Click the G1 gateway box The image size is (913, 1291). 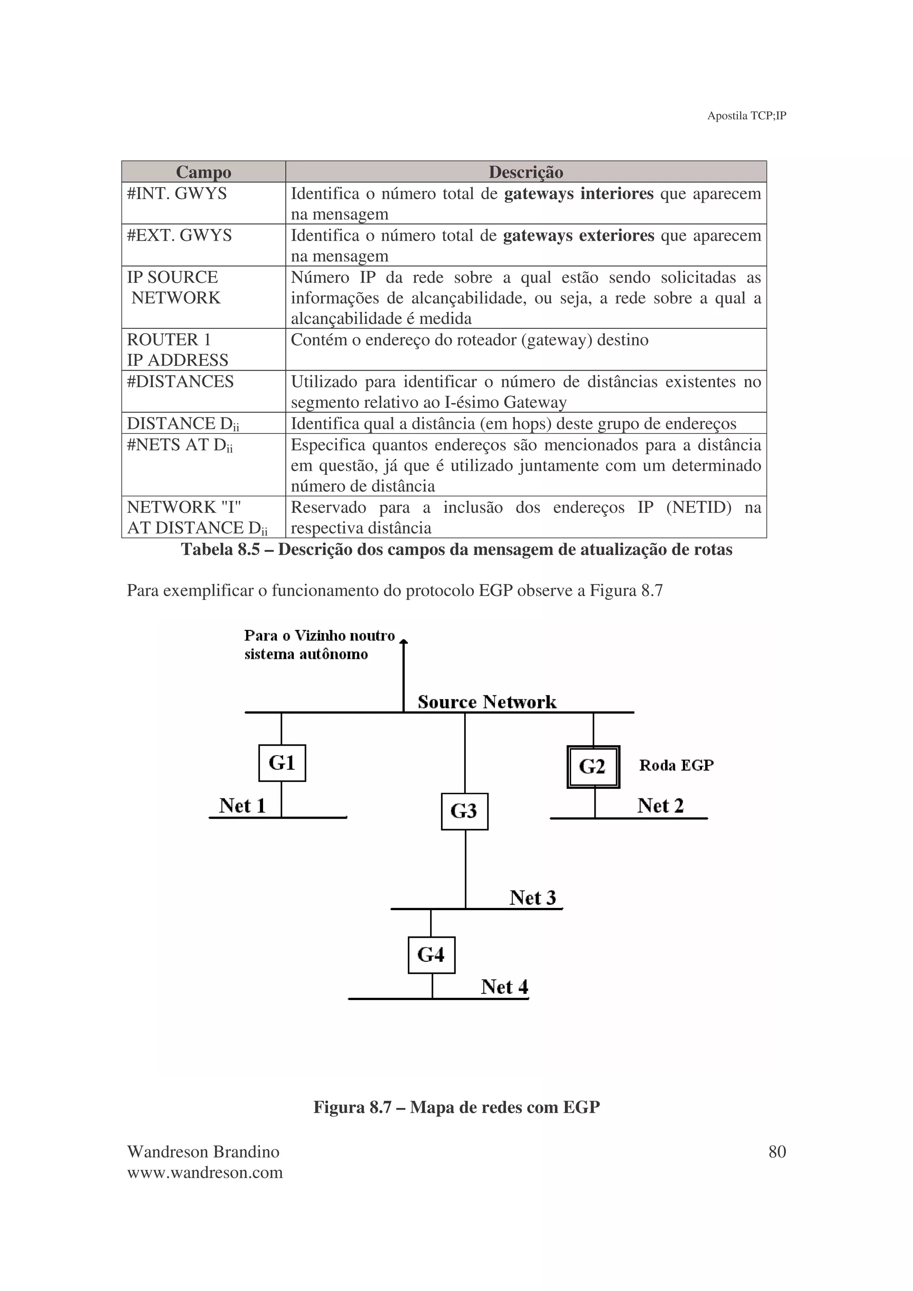coord(282,763)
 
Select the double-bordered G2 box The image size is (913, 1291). coord(593,766)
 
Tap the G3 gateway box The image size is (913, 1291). coord(464,811)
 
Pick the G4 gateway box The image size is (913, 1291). coord(432,955)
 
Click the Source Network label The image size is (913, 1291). coord(487,702)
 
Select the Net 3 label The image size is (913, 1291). coord(532,897)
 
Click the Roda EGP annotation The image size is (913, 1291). coord(676,765)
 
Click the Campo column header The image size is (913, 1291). coord(204,172)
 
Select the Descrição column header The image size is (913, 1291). coord(526,172)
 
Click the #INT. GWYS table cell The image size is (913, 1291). coord(177,193)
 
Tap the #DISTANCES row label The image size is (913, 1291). coord(181,381)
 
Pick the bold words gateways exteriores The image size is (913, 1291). coord(578,235)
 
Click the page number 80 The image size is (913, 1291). coord(777,1152)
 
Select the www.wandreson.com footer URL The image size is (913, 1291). coord(205,1173)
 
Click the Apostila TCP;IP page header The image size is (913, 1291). coord(746,116)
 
